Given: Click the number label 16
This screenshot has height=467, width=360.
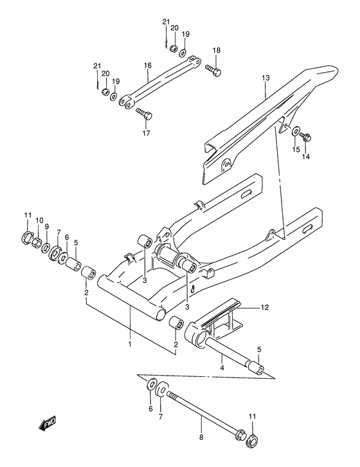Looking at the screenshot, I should (x=147, y=66).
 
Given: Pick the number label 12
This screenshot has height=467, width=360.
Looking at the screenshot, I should (x=265, y=308).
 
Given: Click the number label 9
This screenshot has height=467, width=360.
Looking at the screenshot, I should (x=46, y=226).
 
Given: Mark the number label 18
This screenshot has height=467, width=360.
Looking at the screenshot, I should (x=216, y=50).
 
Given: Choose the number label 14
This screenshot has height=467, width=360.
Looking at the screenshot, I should (x=306, y=156).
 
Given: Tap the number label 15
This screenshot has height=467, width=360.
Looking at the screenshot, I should (x=296, y=149).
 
